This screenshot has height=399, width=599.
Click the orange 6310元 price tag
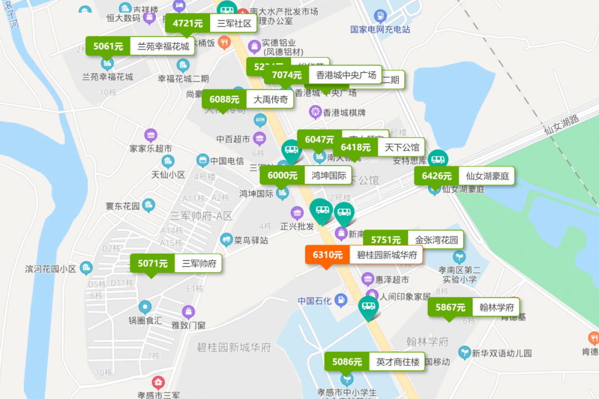(364, 255)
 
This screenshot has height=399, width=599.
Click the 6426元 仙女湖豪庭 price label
(464, 176)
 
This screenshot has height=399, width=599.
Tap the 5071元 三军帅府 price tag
(176, 264)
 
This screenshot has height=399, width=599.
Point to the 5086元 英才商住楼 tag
(374, 362)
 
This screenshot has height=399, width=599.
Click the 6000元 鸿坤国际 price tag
(306, 175)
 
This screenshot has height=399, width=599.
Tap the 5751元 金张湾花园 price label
(413, 240)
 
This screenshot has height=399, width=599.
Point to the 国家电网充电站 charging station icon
(380, 16)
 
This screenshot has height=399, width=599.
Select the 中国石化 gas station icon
(341, 301)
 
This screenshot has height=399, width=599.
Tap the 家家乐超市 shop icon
(150, 135)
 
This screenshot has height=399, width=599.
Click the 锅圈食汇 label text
(145, 320)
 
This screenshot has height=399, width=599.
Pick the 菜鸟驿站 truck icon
(226, 240)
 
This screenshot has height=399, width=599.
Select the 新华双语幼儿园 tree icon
(464, 352)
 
